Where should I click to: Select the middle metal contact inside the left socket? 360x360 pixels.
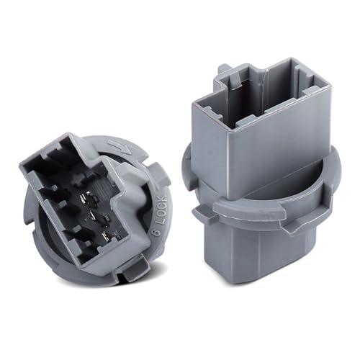[99, 215]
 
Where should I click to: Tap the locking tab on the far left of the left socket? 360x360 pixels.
[28, 209]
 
